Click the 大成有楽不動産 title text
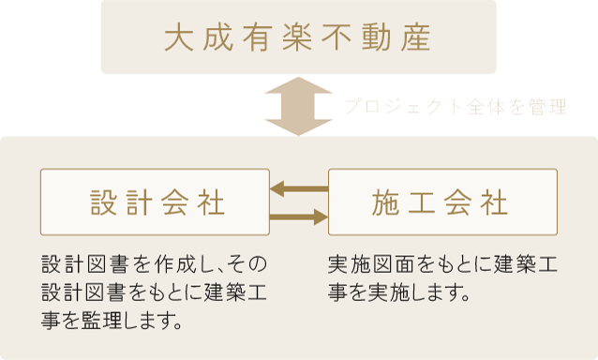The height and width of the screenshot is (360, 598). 297,38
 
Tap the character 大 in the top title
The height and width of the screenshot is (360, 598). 177,38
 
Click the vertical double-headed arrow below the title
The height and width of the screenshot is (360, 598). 297,105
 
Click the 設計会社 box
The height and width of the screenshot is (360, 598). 156,202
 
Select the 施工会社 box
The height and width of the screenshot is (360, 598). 442,202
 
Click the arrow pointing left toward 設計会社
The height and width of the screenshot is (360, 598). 298,189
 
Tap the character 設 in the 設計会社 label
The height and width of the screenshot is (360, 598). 100,202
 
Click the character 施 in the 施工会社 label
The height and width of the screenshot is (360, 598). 388,202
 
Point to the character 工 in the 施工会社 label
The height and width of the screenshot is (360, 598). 425,202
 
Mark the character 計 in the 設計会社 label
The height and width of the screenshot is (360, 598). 137,202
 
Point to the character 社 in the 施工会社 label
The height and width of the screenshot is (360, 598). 497,202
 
